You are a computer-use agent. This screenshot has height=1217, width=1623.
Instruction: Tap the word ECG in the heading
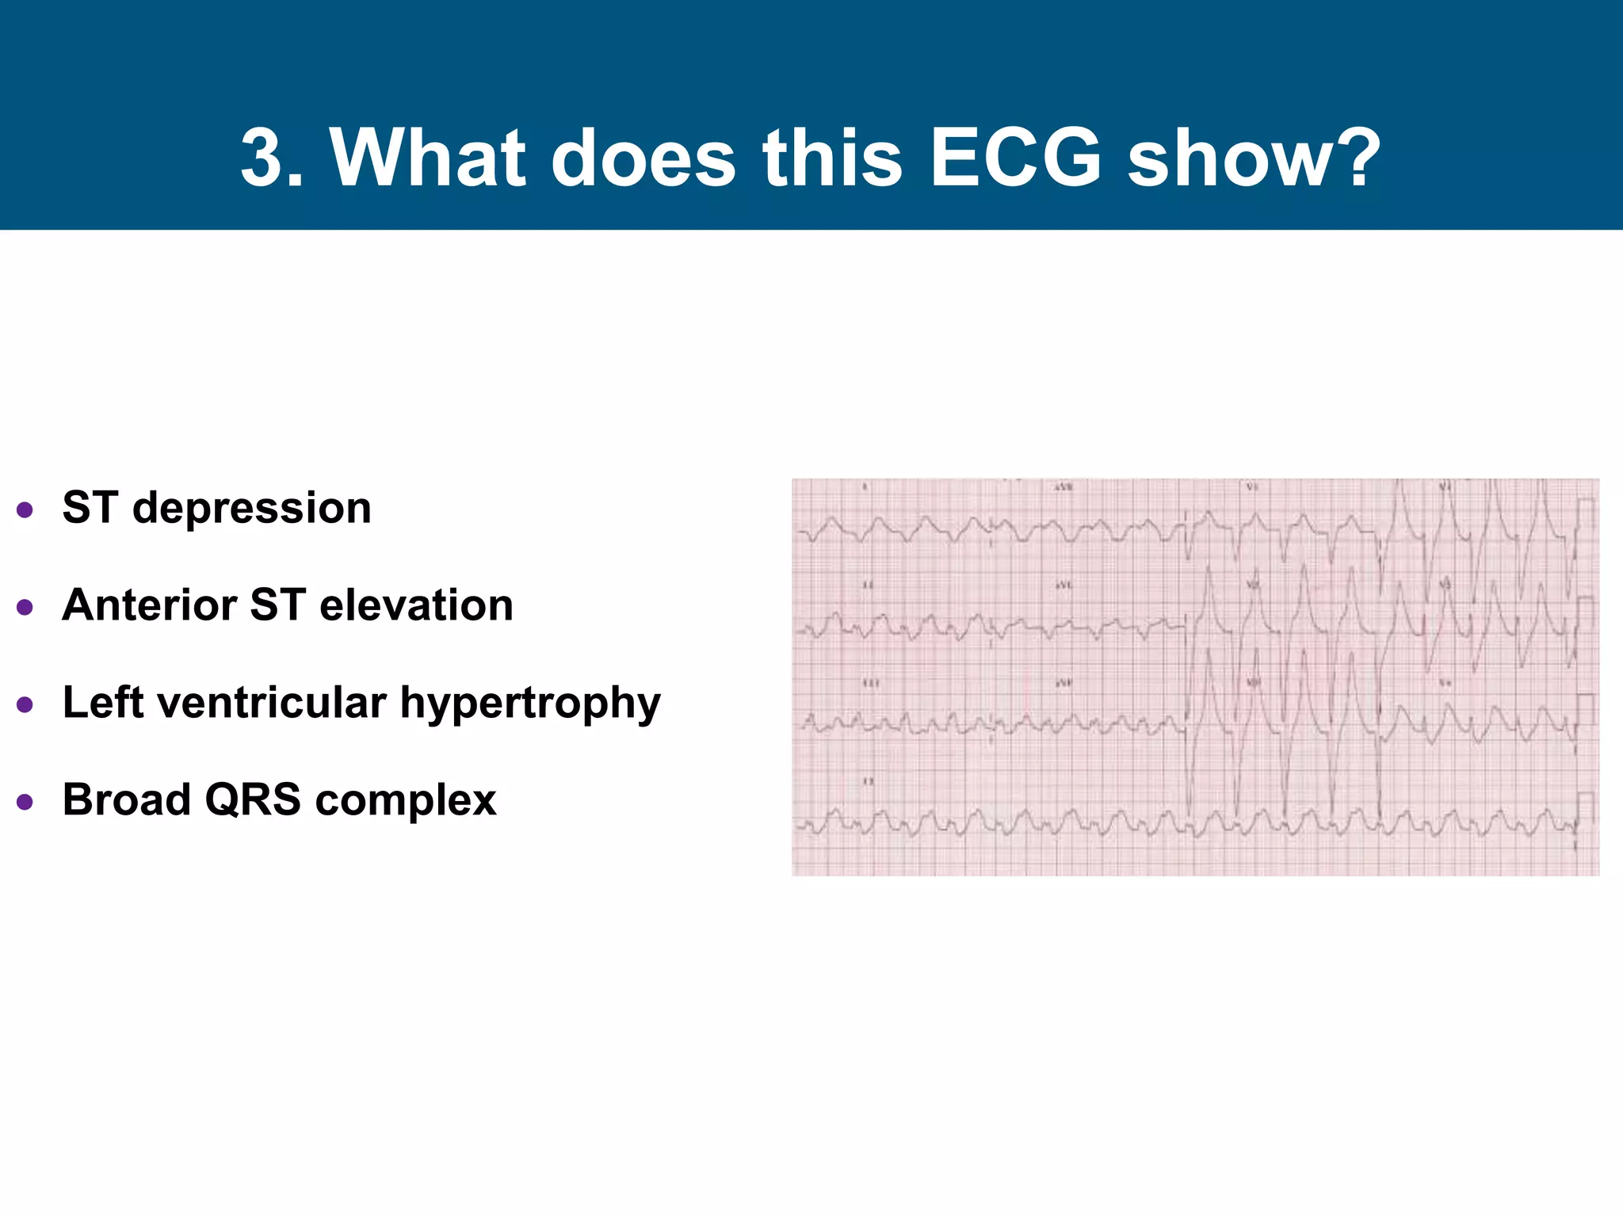1015,158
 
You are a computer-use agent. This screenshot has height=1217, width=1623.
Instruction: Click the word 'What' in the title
428,158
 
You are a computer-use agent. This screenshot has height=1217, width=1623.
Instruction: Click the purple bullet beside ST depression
25,509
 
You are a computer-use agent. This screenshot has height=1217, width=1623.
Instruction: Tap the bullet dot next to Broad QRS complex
25,802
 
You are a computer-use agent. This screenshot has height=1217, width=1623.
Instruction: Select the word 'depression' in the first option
251,508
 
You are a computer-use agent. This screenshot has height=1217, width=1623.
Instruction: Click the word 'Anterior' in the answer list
148,605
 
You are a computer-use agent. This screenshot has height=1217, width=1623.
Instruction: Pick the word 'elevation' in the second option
416,605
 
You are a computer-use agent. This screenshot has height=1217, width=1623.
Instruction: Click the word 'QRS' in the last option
253,799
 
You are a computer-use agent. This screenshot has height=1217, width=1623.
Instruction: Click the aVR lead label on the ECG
1063,487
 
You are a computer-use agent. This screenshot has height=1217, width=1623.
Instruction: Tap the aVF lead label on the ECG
1063,682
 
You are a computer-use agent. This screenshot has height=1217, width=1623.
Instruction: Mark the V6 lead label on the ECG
1445,682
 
